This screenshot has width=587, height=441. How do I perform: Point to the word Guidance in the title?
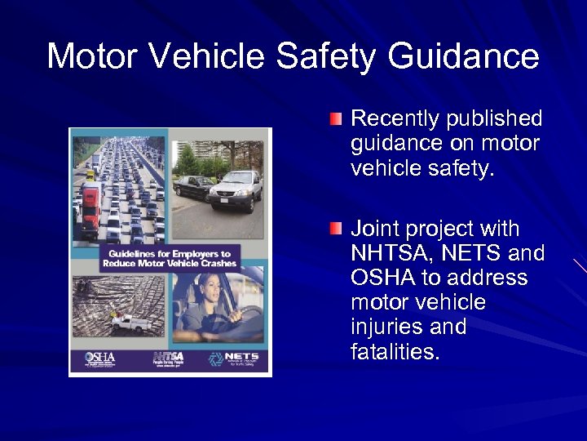(x=463, y=57)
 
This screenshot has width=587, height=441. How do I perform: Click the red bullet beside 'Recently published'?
(x=336, y=119)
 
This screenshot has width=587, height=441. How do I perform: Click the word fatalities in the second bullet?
(x=395, y=352)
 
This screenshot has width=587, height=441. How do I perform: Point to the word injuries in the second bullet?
(x=386, y=327)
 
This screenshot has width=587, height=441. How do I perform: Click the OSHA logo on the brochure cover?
(x=100, y=358)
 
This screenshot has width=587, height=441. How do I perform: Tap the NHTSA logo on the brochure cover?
(x=168, y=358)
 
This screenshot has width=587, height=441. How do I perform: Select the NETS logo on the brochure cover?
(x=236, y=358)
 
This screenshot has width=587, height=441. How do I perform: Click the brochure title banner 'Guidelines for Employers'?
(x=170, y=259)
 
